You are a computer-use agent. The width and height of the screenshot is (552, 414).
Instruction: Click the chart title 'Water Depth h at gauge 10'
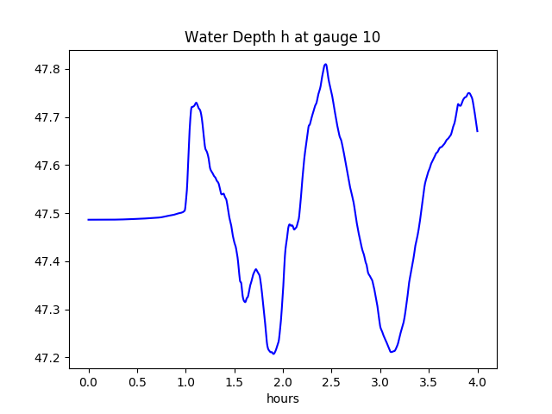[x=282, y=37]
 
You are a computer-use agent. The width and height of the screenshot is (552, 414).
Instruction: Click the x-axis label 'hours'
[x=282, y=399]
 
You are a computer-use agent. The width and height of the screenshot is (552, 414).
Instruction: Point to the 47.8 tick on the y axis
[x=48, y=69]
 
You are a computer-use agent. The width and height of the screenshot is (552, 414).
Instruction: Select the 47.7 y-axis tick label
[x=48, y=117]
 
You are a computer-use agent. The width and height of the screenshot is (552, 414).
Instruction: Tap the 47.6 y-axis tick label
[x=48, y=166]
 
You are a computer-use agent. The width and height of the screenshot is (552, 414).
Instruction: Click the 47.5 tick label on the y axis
[x=48, y=214]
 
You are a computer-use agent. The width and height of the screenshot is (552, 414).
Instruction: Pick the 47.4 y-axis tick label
[x=48, y=261]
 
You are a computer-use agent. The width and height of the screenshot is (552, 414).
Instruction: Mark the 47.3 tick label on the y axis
[x=48, y=310]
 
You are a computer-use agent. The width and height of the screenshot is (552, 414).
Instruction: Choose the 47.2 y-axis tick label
[x=48, y=358]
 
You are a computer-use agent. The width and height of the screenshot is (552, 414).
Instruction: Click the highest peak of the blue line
[x=325, y=64]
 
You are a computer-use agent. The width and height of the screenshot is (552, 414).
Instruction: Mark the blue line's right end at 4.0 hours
[x=478, y=131]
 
